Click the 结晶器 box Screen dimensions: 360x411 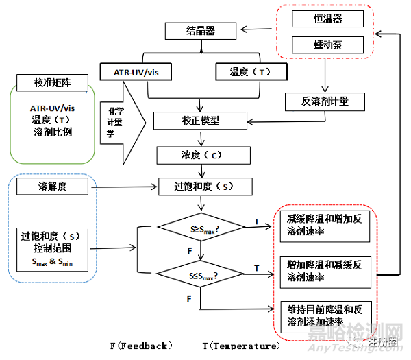tap(200, 31)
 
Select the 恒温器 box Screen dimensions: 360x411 tap(327, 19)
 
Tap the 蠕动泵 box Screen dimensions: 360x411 tap(327, 45)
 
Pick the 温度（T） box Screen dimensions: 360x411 tap(249, 71)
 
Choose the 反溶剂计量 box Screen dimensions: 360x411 tap(325, 101)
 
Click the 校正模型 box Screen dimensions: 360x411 tap(200, 121)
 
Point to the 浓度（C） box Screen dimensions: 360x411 tap(200, 154)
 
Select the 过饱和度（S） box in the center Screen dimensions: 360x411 tap(200, 186)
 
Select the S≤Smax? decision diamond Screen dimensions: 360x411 tap(201, 276)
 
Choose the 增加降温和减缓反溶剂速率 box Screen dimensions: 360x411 tap(325, 270)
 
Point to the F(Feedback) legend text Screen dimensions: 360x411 tap(141, 346)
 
